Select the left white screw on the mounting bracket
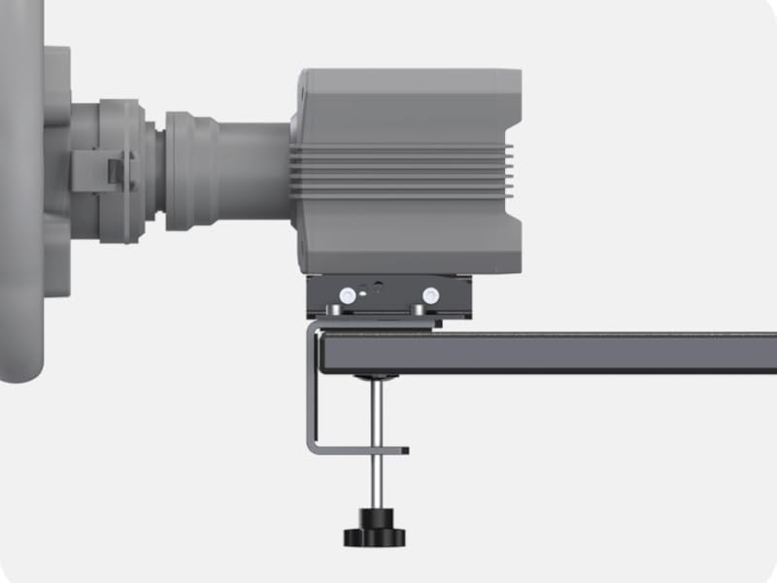[346, 294]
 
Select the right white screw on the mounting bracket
[429, 294]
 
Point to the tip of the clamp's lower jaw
[402, 450]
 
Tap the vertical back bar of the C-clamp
[314, 389]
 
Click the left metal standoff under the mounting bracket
[334, 311]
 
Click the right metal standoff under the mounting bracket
[418, 311]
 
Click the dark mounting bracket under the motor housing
[388, 296]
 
